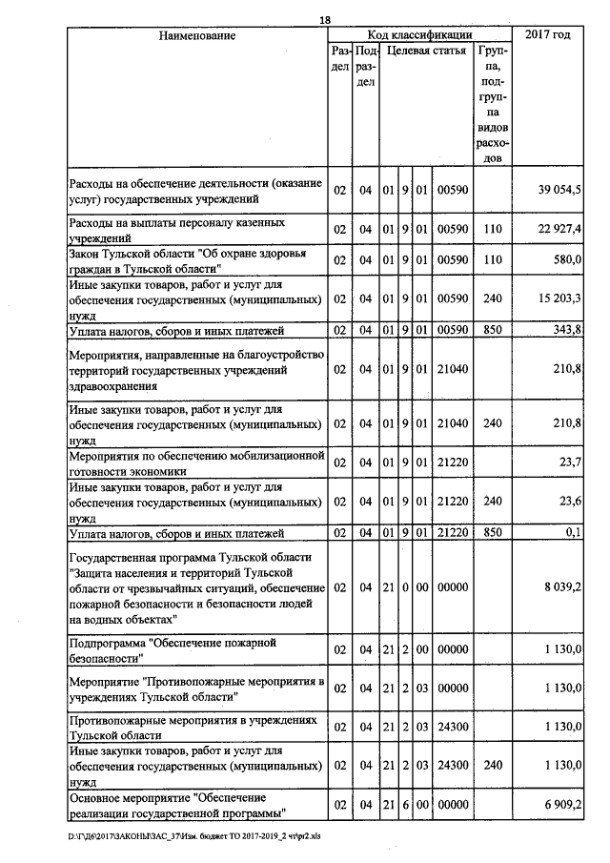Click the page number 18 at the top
tap(325, 20)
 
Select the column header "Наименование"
tap(197, 35)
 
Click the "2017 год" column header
tap(548, 35)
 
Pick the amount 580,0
tap(567, 259)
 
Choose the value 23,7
tap(570, 462)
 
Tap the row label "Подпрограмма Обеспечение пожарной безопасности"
tap(172, 650)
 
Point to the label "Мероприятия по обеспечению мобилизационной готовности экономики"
tap(197, 462)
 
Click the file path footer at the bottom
tap(195, 835)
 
